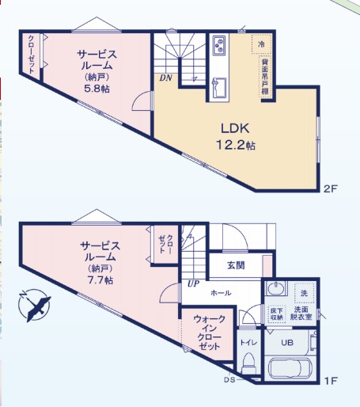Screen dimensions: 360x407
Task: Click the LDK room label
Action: [235, 128]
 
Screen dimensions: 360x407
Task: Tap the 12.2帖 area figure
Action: [236, 145]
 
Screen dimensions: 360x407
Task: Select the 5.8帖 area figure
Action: [97, 89]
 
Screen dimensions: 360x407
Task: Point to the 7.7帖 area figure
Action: [100, 280]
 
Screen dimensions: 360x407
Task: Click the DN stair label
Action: [166, 78]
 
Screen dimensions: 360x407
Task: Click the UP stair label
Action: [193, 284]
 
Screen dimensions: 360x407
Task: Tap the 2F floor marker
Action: [331, 188]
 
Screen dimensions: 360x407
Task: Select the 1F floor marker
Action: [331, 381]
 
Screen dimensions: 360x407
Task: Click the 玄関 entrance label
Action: [236, 265]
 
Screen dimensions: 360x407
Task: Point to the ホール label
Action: [221, 293]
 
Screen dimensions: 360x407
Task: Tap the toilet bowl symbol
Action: [248, 363]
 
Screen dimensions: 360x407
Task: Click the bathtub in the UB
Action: [290, 368]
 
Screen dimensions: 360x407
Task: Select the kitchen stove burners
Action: [219, 45]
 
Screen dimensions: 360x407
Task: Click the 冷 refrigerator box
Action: [261, 44]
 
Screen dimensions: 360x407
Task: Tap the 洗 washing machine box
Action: [304, 293]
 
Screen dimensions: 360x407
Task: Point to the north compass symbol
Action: [34, 305]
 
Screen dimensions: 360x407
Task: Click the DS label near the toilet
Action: [229, 380]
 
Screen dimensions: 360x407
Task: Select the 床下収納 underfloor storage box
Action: [277, 314]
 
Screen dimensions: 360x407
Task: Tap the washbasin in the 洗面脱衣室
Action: [276, 288]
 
